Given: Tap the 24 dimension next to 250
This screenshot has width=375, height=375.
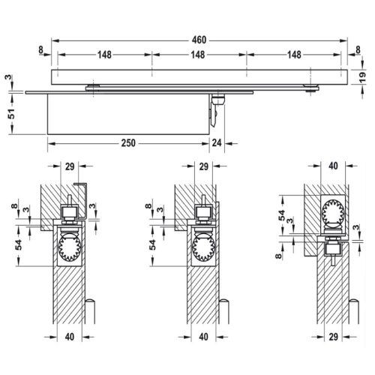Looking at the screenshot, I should (217, 144).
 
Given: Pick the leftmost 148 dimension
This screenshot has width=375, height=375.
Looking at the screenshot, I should (104, 54).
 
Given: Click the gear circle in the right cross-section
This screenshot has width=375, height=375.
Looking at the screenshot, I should (330, 214).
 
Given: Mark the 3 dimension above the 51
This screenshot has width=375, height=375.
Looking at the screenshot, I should (10, 77).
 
